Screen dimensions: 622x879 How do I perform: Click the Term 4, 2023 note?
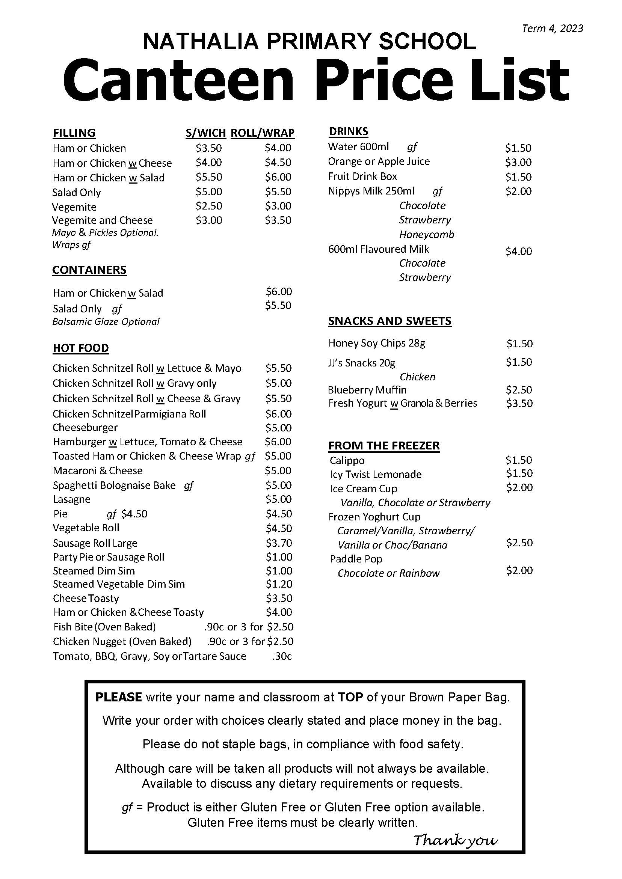(552, 28)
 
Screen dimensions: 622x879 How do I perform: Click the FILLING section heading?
(74, 133)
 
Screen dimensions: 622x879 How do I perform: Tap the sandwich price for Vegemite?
(209, 206)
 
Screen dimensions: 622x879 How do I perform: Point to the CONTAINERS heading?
(89, 270)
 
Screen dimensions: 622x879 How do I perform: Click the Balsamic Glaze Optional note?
(106, 321)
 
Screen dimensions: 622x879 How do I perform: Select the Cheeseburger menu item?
(85, 427)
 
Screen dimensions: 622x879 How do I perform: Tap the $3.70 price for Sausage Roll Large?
(279, 543)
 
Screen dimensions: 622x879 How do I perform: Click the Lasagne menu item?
(72, 499)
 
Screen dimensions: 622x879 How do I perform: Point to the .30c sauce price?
(282, 656)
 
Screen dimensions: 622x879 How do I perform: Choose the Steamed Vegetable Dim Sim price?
(279, 584)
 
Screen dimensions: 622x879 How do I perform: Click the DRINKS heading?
(348, 131)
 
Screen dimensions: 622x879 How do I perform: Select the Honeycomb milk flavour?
(426, 234)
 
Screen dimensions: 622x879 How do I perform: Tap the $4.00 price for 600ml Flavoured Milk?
(519, 251)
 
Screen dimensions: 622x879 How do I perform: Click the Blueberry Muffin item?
(367, 390)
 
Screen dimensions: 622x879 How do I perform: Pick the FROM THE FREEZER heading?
(384, 446)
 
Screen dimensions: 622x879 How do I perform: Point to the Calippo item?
(347, 460)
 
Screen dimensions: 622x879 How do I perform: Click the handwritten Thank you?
(455, 840)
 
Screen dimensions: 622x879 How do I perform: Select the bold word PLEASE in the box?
(118, 697)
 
